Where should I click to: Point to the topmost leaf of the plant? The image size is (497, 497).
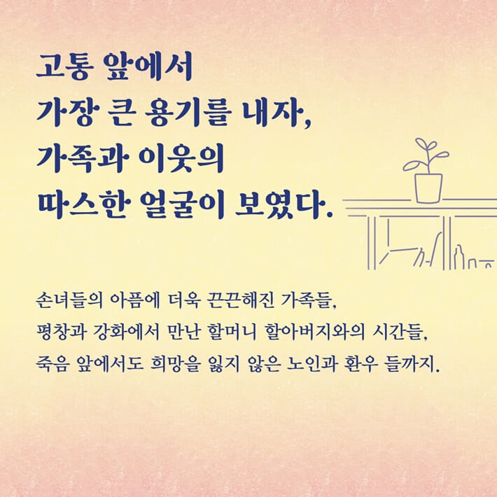(x=421, y=144)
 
